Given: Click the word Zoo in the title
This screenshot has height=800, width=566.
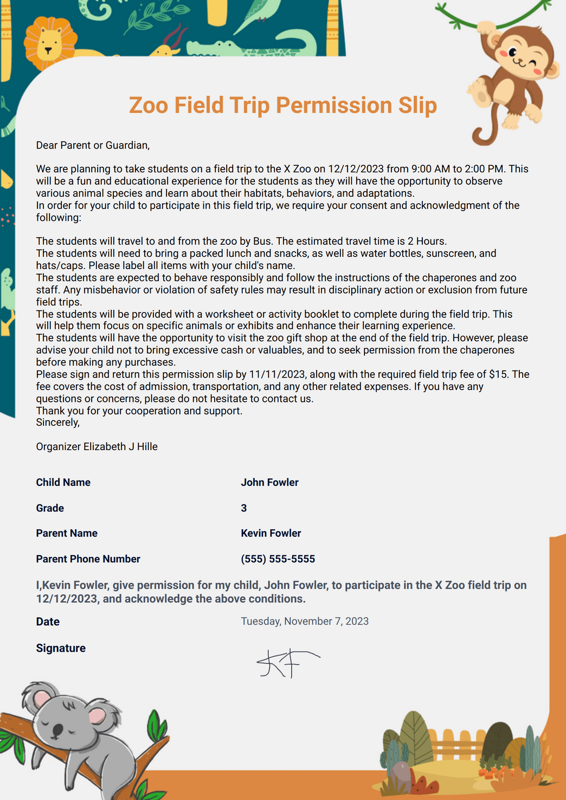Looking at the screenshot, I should tap(149, 105).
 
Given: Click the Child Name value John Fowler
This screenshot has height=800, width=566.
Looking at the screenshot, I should tap(269, 482).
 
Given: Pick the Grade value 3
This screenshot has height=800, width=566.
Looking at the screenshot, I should tap(244, 508).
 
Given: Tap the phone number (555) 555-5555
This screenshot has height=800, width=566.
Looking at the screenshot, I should tap(278, 559).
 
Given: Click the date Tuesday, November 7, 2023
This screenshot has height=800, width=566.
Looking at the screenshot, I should tap(305, 621).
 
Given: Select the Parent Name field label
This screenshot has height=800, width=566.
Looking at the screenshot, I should tap(67, 533).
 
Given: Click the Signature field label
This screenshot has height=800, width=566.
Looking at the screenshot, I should tap(61, 648).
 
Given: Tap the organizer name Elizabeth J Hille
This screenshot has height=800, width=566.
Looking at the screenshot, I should tap(120, 446).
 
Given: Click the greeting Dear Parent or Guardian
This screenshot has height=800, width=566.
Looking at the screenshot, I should tap(93, 145).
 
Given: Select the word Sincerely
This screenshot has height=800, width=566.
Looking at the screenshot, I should tap(57, 422).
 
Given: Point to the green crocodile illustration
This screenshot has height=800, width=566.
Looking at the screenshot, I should tap(255, 46).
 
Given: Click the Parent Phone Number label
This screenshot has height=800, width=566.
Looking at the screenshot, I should tap(88, 559).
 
